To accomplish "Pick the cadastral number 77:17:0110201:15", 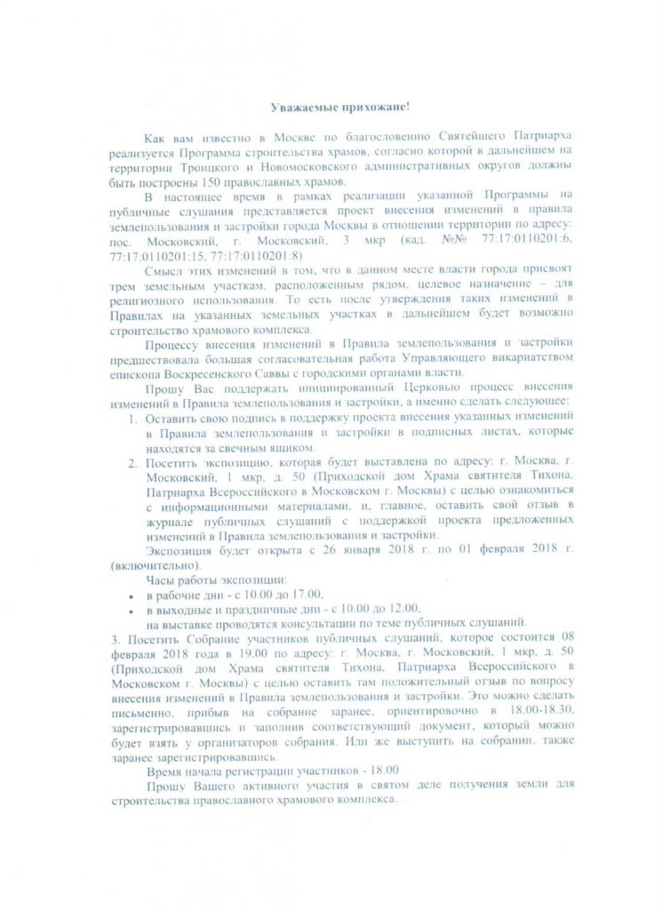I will (x=156, y=257).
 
